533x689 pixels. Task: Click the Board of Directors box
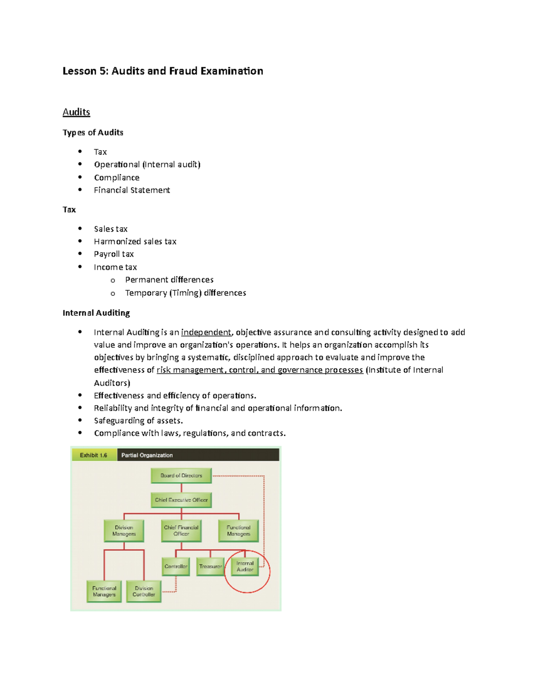(181, 476)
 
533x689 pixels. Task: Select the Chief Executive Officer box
(181, 500)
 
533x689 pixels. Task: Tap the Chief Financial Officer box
(181, 531)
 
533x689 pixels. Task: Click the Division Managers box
(124, 531)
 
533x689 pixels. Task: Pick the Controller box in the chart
(176, 567)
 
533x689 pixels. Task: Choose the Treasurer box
(211, 567)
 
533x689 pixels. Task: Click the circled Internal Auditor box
(245, 567)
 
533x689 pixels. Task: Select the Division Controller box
(144, 591)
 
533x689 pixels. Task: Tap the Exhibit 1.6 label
(93, 455)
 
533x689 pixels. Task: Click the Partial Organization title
(147, 455)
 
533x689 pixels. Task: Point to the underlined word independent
(206, 332)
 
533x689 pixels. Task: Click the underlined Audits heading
(76, 112)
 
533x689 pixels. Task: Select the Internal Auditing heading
(96, 313)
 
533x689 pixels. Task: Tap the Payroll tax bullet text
(114, 254)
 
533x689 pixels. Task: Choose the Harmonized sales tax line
(135, 241)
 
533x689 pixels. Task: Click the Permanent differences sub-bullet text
(169, 280)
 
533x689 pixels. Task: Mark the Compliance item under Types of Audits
(117, 177)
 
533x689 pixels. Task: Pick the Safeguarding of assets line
(138, 421)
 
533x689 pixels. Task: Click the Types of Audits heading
(93, 132)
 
